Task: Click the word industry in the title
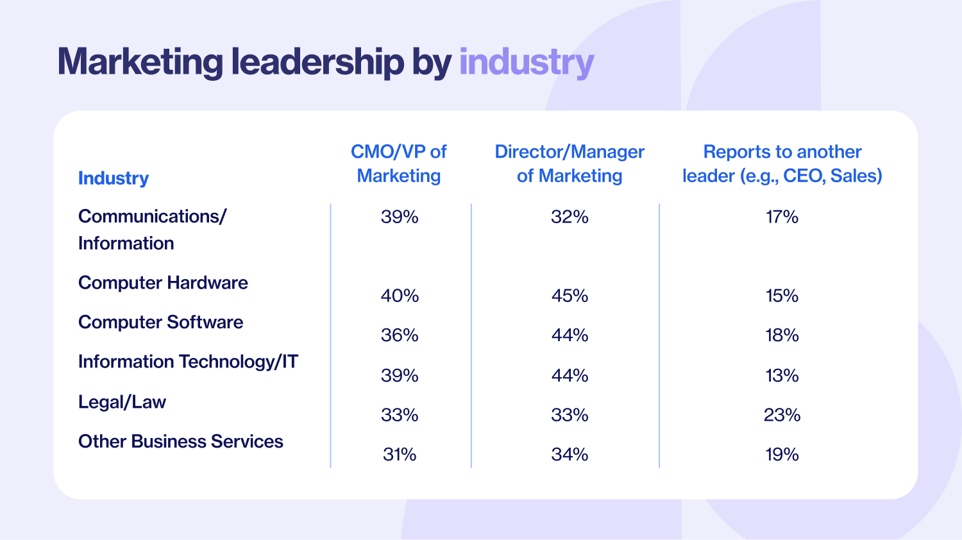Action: [x=527, y=63]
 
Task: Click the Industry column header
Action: [x=114, y=178]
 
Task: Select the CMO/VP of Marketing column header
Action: [x=399, y=164]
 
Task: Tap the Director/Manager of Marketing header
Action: [x=570, y=164]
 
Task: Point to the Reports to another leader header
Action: [x=782, y=164]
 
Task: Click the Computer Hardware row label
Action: [x=163, y=283]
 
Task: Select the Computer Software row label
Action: [x=160, y=322]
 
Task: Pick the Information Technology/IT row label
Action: [x=188, y=362]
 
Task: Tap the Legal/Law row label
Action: [x=122, y=402]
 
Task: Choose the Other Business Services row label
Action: [x=180, y=441]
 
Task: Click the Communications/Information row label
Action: [x=151, y=230]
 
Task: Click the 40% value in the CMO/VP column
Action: [x=400, y=296]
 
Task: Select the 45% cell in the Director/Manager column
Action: [x=570, y=296]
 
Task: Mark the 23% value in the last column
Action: [x=782, y=415]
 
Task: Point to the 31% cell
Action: [x=400, y=455]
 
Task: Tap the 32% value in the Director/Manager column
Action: [x=570, y=217]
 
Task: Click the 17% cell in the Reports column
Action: [x=782, y=217]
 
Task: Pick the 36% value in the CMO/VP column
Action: [x=400, y=335]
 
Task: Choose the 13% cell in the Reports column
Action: [x=782, y=375]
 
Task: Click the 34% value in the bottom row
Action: [x=570, y=455]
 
